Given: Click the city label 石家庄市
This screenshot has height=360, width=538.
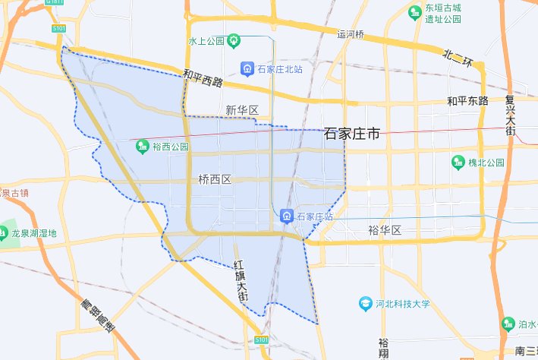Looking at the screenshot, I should tap(351, 134).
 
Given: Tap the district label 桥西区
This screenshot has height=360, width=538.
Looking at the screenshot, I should tap(214, 180).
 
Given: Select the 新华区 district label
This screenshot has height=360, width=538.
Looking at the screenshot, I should tap(242, 111).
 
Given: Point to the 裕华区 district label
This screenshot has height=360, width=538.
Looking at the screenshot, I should tap(384, 229).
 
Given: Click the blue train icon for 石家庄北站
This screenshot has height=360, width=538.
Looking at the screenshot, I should tap(247, 69).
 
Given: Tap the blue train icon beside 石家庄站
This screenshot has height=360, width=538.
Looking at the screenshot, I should tap(288, 216).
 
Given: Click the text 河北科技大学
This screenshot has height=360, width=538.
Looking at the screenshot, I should tap(404, 304).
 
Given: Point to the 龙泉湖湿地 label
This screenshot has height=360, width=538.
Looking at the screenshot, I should tap(34, 233).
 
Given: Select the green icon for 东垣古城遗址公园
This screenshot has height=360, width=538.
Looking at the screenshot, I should tap(414, 12).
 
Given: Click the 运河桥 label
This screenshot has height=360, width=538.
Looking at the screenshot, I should tap(351, 34).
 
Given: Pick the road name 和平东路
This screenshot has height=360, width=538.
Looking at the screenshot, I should tap(467, 100).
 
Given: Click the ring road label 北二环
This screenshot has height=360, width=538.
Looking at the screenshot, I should tap(459, 55).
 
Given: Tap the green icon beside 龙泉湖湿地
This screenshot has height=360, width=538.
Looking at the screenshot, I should tap(4, 232).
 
